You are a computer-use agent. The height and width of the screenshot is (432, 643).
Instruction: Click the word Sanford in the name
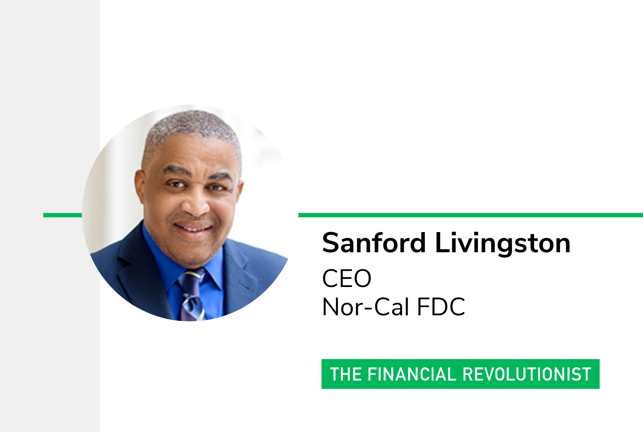[x=373, y=243]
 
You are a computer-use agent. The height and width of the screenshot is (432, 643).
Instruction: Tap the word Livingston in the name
[x=503, y=244]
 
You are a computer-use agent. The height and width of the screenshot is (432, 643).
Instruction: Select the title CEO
[x=347, y=278]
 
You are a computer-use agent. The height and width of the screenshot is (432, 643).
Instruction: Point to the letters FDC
[x=441, y=307]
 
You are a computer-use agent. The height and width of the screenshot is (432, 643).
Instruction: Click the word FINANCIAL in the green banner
[x=412, y=374]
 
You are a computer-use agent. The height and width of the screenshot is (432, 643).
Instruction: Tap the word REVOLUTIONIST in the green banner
[x=527, y=374]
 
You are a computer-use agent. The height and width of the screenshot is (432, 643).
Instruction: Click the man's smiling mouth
[x=193, y=228]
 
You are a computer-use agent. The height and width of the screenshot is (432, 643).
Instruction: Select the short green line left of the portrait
[x=63, y=215]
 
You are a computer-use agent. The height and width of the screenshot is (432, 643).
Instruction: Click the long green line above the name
[x=471, y=215]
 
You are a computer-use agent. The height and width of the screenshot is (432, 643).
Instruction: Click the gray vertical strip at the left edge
[x=50, y=216]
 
